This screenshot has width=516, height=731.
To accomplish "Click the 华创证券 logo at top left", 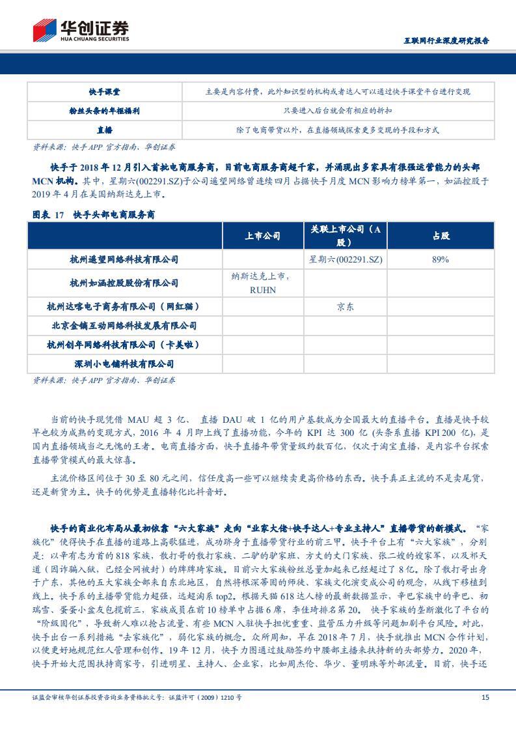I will [x=81, y=31].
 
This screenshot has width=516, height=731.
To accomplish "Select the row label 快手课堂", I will [x=104, y=92].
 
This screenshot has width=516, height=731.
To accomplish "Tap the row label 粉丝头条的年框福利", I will [x=104, y=111].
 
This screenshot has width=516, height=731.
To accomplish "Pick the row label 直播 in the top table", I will [x=104, y=130].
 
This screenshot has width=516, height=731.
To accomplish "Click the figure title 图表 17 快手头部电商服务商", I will [x=94, y=214].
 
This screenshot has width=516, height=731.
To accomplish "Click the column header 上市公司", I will [x=263, y=236].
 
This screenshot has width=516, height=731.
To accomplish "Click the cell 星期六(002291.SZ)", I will [x=346, y=259].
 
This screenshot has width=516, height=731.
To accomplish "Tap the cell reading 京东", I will [x=346, y=306].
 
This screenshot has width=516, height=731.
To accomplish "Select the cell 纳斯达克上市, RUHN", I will [x=263, y=283].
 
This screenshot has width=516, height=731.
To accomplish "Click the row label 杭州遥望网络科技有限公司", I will [x=124, y=259].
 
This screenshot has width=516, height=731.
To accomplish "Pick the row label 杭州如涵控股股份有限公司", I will [x=124, y=283].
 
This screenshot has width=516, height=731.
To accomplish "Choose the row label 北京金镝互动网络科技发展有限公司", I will [x=124, y=325].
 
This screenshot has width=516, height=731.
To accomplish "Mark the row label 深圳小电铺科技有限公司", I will [x=124, y=364].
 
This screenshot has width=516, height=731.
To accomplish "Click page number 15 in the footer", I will [x=484, y=697].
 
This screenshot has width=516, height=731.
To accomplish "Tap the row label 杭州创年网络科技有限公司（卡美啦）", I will [x=124, y=344].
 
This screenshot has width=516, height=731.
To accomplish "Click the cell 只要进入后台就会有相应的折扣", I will [x=337, y=111].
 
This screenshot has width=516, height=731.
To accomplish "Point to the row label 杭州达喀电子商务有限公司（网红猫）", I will [x=124, y=306].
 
